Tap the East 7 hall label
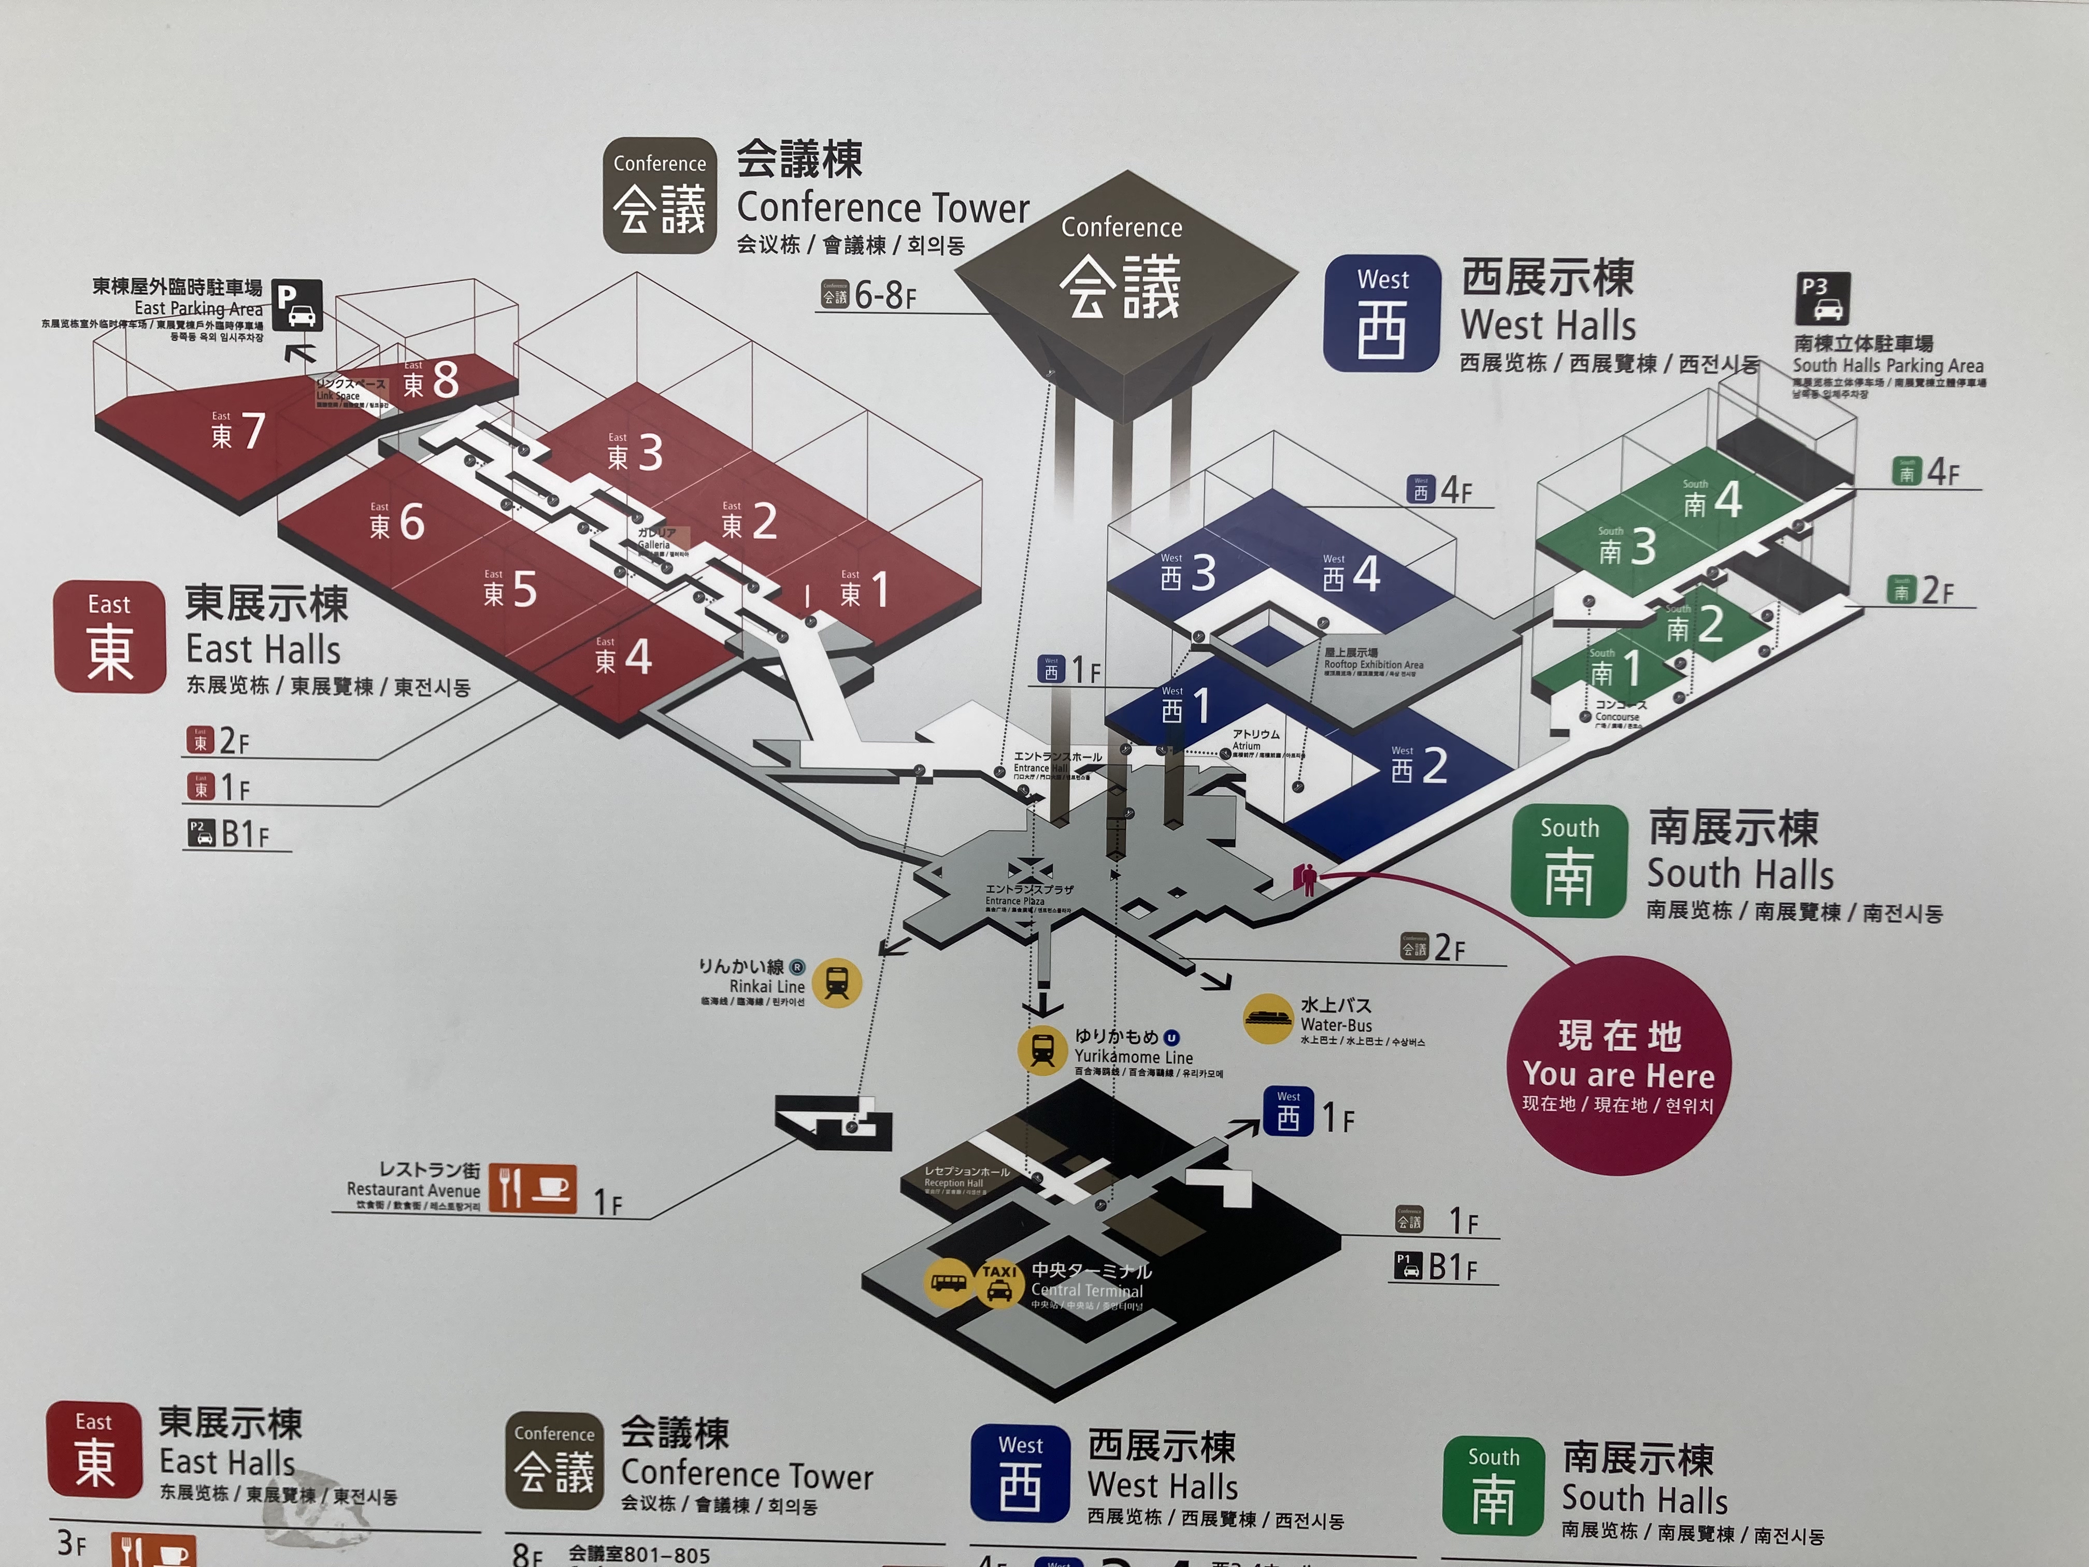tap(238, 431)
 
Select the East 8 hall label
tap(431, 381)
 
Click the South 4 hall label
tap(1712, 500)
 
